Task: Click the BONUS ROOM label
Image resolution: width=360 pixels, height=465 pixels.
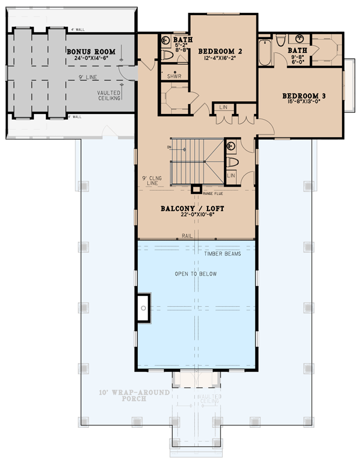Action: click(90, 52)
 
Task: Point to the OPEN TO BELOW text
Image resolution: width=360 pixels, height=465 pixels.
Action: click(195, 274)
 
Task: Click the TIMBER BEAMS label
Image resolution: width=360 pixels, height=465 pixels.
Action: click(223, 253)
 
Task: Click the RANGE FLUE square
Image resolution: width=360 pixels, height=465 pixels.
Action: click(197, 188)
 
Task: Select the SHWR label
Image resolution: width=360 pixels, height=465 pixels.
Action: click(173, 76)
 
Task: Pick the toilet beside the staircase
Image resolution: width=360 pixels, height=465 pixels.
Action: click(231, 162)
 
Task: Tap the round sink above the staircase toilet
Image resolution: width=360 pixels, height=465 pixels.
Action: click(230, 146)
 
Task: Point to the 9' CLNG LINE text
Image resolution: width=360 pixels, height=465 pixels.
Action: click(150, 180)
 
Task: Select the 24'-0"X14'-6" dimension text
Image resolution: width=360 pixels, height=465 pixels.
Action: click(90, 59)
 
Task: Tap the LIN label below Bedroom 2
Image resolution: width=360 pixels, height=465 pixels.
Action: click(223, 108)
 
